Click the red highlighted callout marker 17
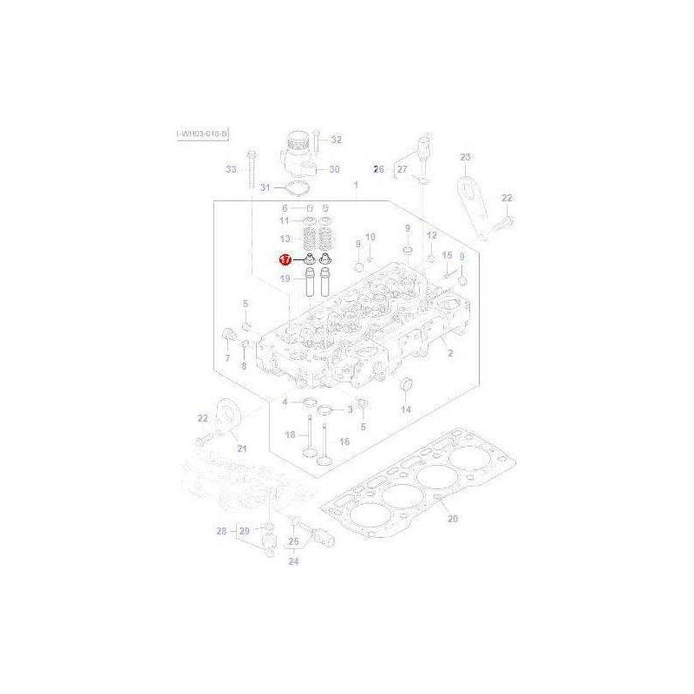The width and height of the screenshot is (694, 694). pos(285,259)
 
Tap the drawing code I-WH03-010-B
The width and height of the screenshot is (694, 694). pos(202,134)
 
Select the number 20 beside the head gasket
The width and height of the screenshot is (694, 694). pos(451,520)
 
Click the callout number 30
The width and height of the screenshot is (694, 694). pos(334,169)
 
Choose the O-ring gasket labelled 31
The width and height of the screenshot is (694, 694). pos(298,188)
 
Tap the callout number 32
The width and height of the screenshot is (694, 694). pos(337,140)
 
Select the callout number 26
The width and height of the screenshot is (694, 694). pos(377,169)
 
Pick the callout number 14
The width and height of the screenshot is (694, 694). pos(404,409)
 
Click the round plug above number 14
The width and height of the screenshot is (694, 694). pos(404,384)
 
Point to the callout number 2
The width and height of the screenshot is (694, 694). pos(450,353)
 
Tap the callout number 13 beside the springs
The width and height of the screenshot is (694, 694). pos(285,239)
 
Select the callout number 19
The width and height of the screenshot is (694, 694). pos(285,278)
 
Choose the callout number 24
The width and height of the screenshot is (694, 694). pos(293,561)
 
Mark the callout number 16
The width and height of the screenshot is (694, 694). pos(344,442)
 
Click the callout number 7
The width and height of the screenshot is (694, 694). pos(226,357)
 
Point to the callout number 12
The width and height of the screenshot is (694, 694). pos(430,237)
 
